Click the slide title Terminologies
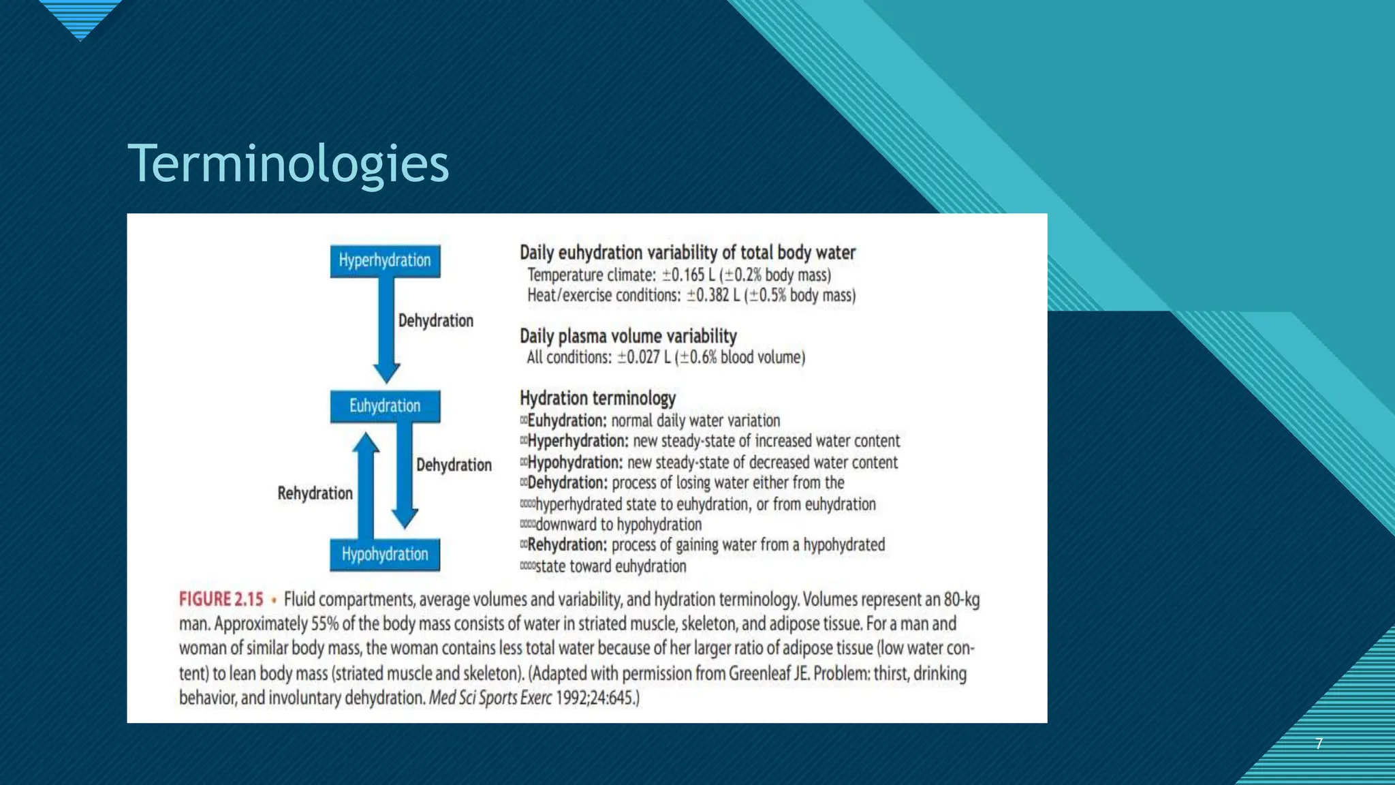(288, 164)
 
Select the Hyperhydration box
(385, 260)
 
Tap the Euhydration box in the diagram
(385, 406)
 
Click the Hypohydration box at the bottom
(385, 555)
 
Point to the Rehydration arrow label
(315, 493)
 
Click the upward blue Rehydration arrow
(366, 485)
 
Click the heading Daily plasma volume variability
(628, 336)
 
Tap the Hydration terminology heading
(597, 398)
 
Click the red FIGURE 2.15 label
(221, 600)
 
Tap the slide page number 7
(1319, 743)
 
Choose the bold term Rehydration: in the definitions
(567, 545)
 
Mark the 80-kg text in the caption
(961, 600)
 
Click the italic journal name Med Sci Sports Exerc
(490, 698)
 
